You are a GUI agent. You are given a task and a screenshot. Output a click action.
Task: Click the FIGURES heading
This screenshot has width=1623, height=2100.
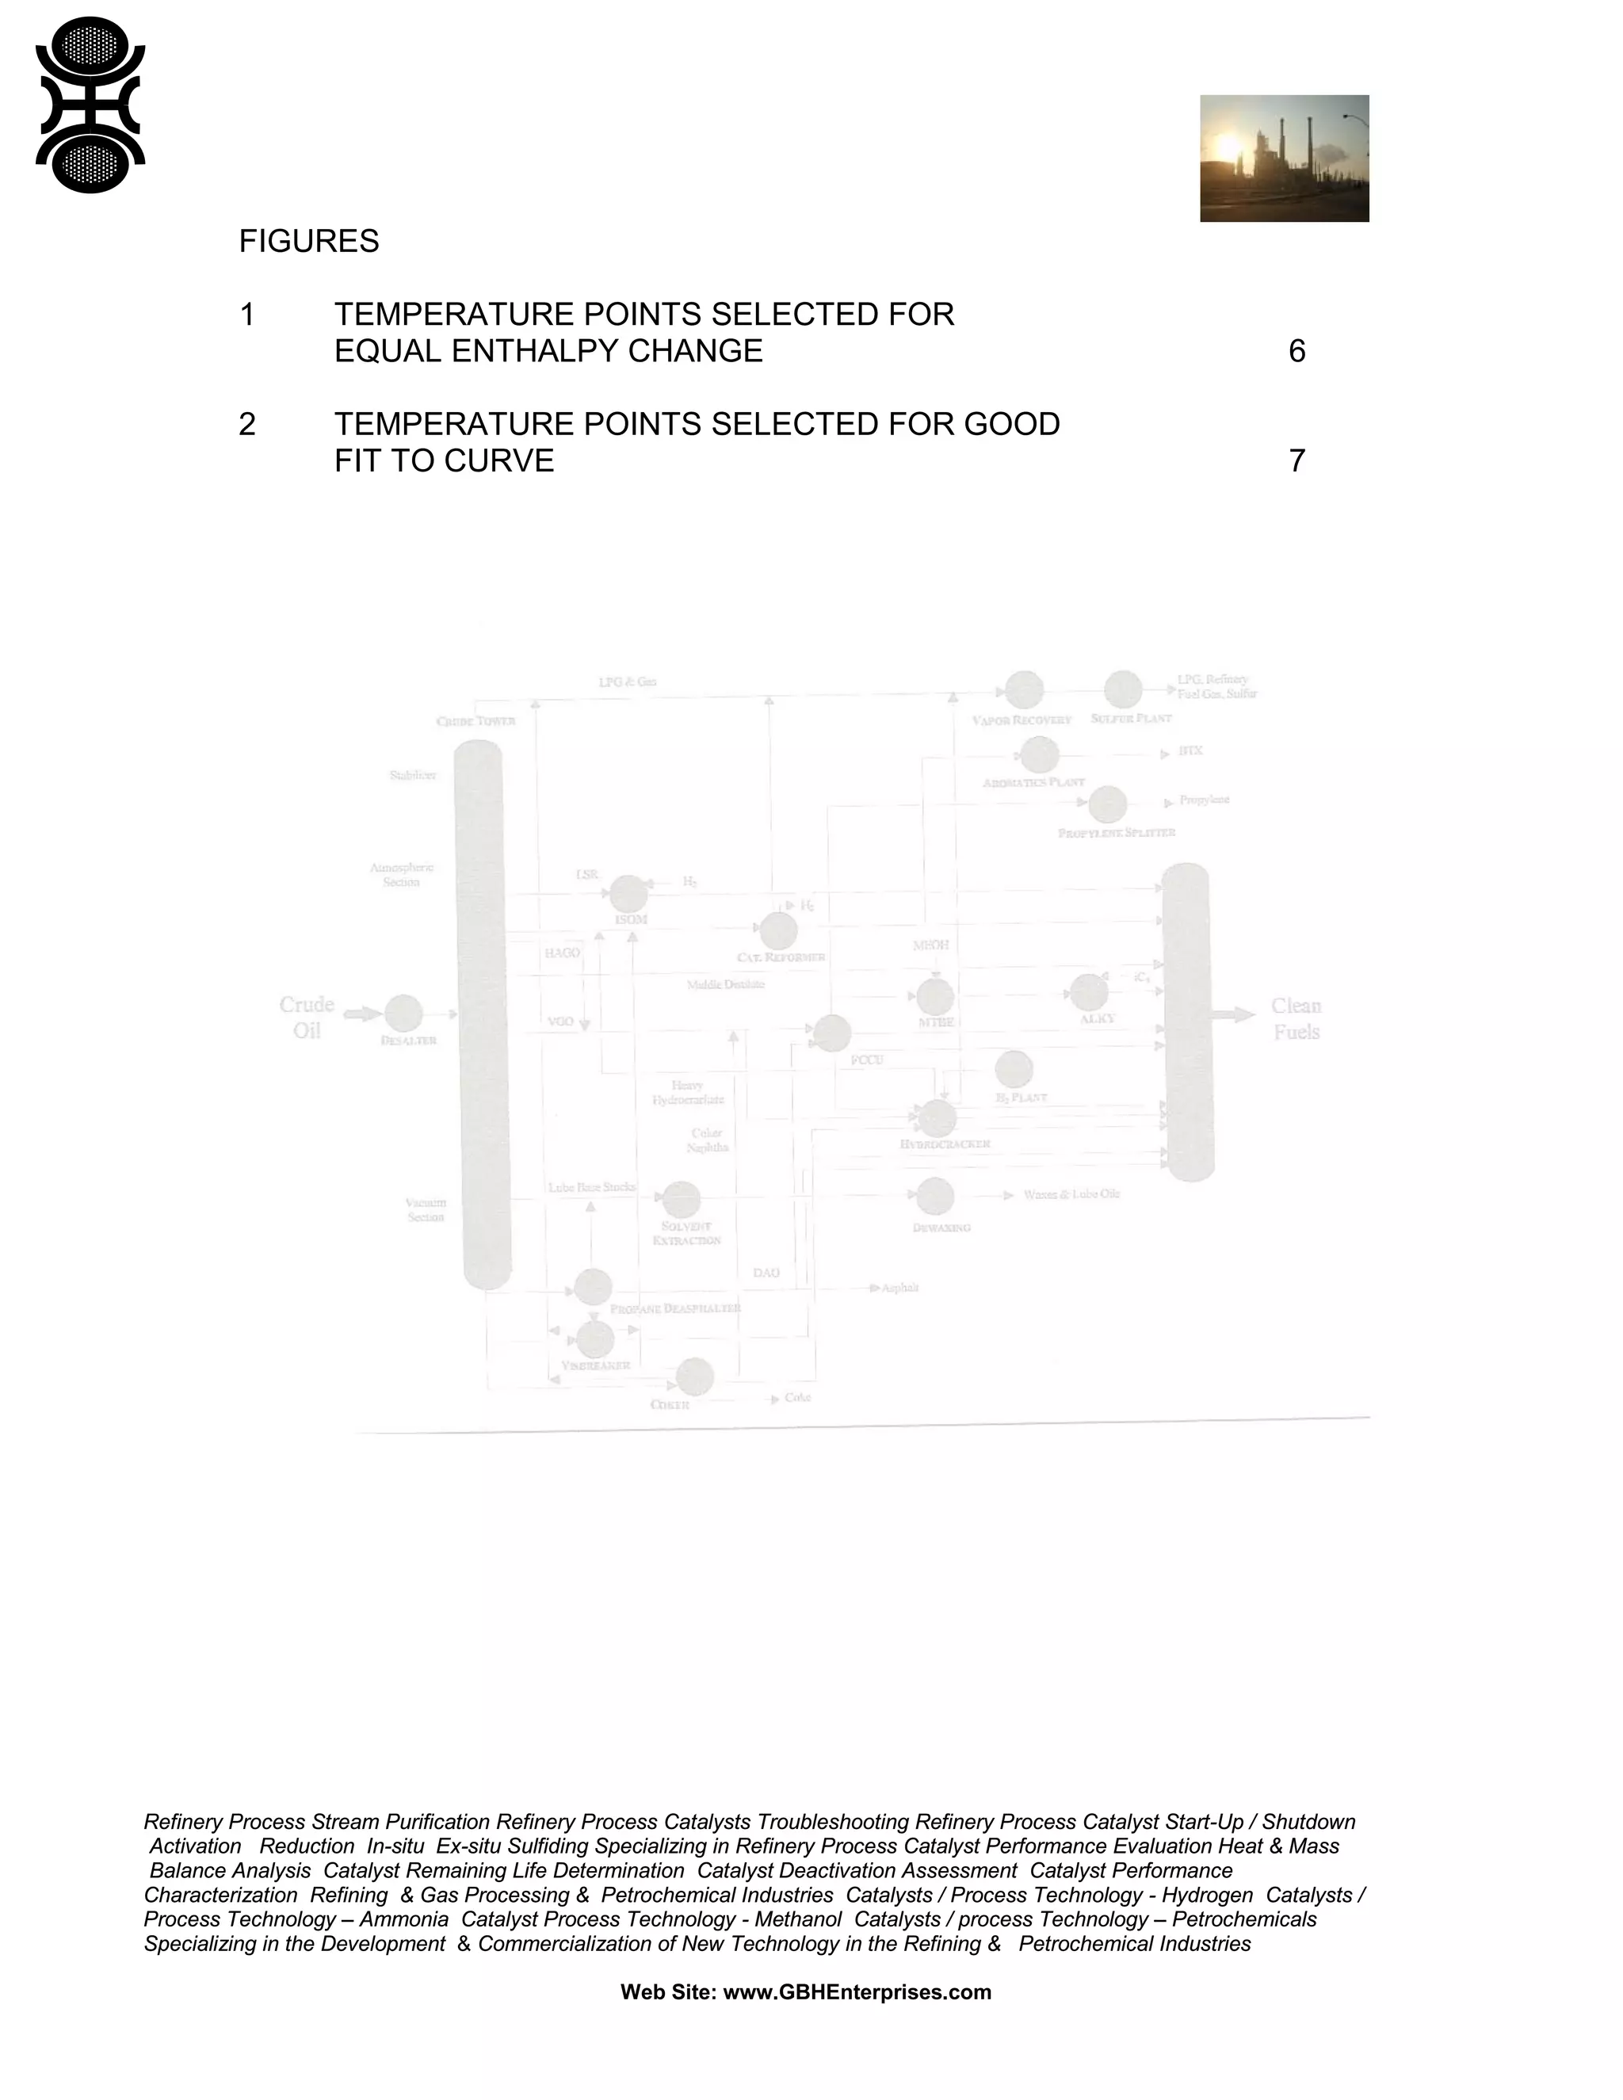(308, 242)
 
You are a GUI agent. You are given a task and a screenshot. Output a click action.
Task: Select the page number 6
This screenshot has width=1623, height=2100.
(1296, 352)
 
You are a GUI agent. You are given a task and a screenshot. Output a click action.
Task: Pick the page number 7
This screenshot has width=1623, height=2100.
(1296, 461)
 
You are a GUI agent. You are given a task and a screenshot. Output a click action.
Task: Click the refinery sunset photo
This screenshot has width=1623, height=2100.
(1284, 158)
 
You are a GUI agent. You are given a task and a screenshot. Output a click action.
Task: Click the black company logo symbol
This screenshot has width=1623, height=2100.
(90, 105)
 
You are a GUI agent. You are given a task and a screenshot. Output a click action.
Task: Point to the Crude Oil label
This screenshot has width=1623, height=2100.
(307, 1018)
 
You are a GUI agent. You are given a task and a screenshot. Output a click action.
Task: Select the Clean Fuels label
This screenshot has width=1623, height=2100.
(1295, 1019)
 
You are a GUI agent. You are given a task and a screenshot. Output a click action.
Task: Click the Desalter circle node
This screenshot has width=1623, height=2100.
(404, 1014)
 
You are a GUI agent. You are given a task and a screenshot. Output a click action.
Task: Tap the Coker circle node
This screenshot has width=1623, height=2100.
(694, 1377)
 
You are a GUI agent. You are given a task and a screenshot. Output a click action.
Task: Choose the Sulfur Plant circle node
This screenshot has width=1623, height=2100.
(1122, 689)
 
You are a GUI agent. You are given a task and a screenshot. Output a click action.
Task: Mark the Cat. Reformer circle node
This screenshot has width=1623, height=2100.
(778, 931)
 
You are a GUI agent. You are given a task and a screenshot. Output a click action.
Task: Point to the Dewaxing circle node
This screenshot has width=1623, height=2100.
(934, 1196)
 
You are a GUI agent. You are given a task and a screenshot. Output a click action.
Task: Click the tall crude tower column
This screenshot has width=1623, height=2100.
(483, 1014)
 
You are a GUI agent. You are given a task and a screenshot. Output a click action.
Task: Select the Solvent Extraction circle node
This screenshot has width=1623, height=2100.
(681, 1199)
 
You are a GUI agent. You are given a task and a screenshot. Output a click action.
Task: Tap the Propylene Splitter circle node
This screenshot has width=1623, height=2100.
(1108, 805)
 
